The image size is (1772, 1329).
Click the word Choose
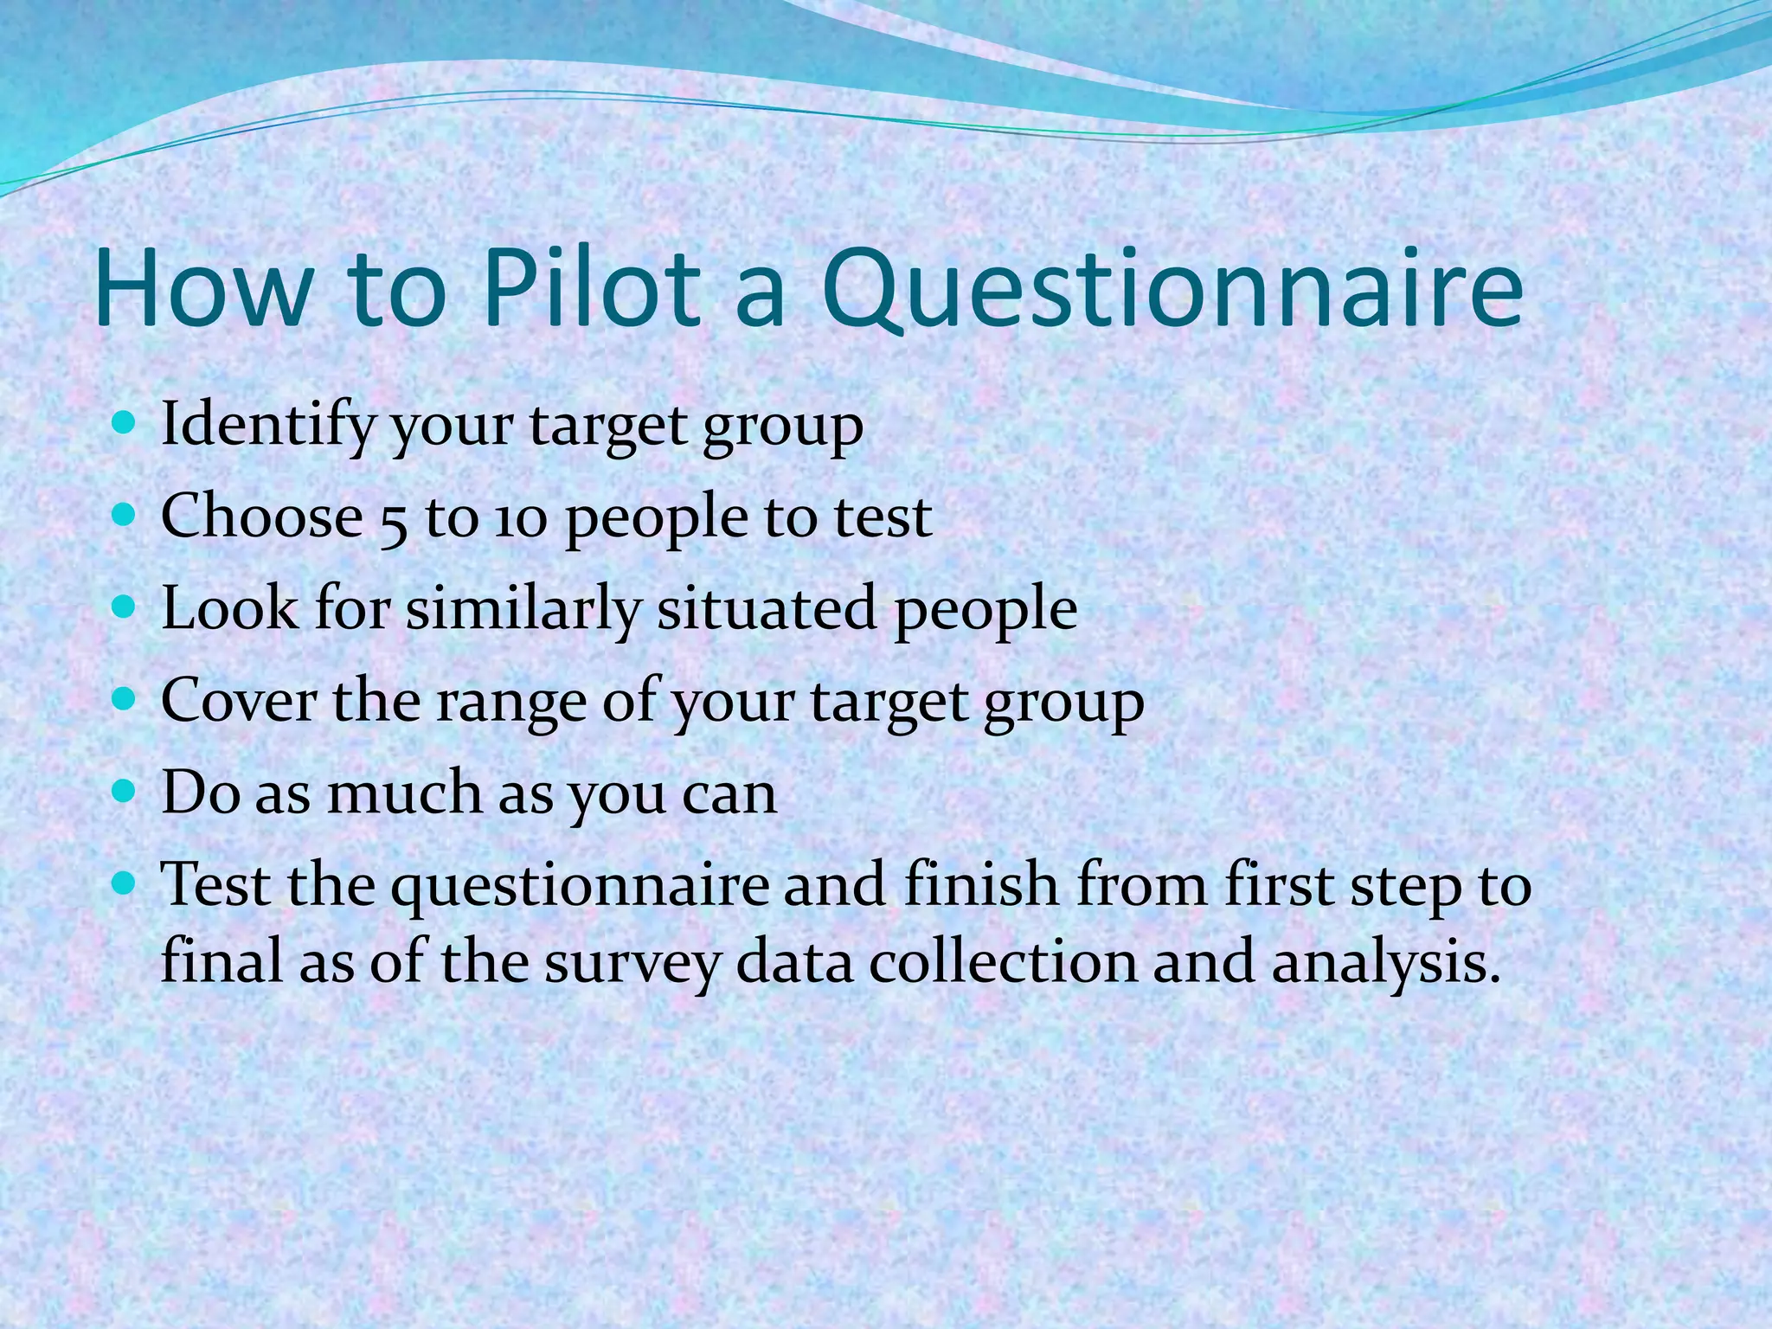[x=261, y=517]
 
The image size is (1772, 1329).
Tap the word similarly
[x=523, y=609]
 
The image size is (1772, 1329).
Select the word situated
[x=767, y=607]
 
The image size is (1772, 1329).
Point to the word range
[x=511, y=703]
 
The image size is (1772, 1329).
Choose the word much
[x=403, y=793]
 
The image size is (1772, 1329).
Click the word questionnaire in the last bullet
[x=579, y=886]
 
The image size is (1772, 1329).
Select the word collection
[x=1003, y=962]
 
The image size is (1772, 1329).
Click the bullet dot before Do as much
[x=125, y=790]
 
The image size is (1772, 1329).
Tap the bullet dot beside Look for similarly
[x=125, y=607]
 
